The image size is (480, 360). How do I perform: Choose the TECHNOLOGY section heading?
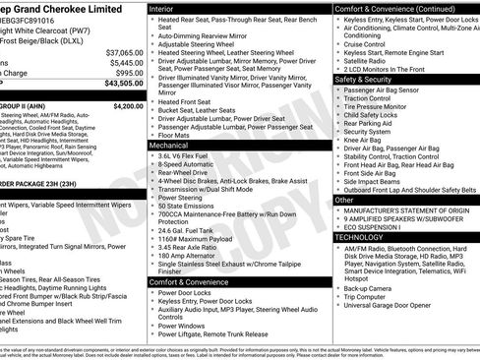[x=359, y=237]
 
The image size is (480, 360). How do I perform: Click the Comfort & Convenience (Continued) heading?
[x=392, y=7]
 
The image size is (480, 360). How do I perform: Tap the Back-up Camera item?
[x=373, y=286]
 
